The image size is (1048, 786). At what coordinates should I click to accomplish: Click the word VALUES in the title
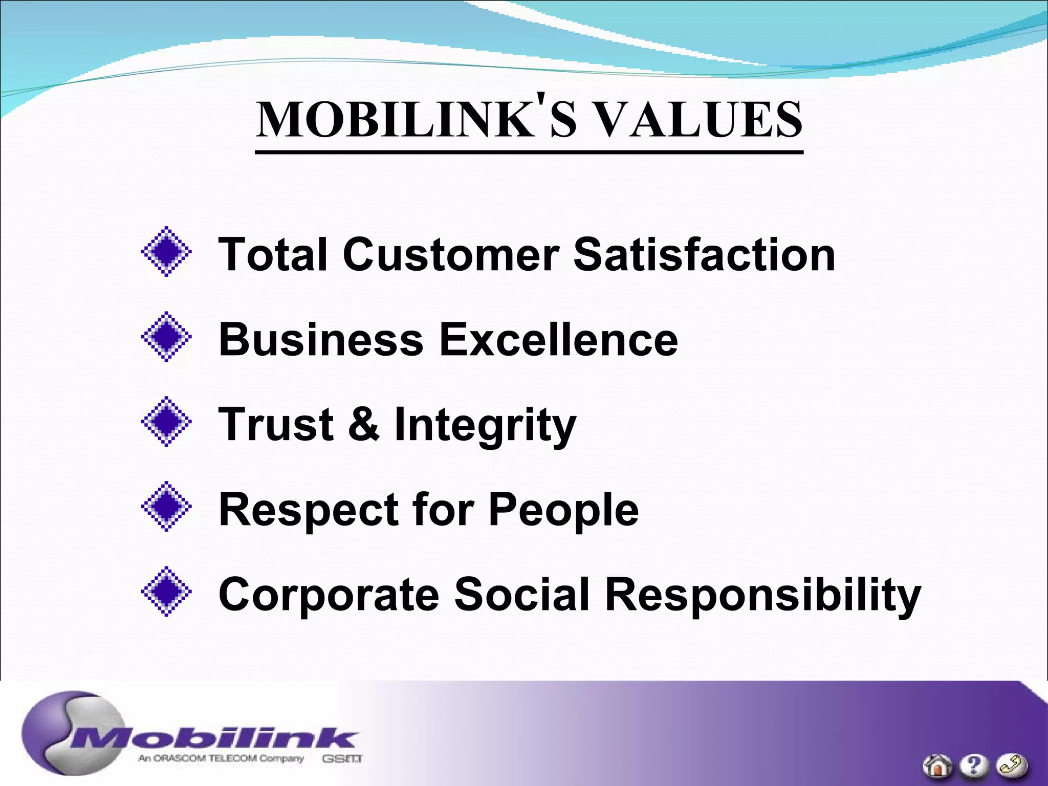point(699,121)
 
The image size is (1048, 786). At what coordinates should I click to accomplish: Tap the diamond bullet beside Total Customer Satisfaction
point(166,252)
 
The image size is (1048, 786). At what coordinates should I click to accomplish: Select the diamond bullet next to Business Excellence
point(166,337)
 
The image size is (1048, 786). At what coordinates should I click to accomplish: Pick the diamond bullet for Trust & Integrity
point(166,422)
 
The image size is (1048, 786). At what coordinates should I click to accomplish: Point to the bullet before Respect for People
point(166,507)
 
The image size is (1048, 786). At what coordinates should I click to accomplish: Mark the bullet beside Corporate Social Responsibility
point(166,592)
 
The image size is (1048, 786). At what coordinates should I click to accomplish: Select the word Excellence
point(558,339)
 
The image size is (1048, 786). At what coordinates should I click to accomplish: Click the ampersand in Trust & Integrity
point(364,424)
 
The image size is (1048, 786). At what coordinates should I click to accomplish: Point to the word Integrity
point(485,426)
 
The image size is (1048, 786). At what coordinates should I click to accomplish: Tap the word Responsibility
point(763,596)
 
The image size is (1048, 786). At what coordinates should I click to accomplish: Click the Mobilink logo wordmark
point(215,739)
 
